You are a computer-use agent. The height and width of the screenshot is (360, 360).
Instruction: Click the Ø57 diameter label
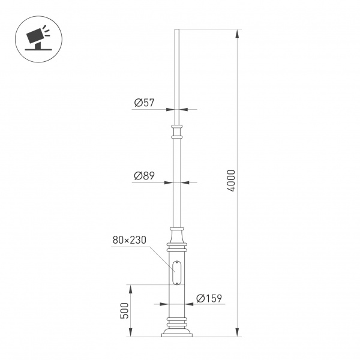145,103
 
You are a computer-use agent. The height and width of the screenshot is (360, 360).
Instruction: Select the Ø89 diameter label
145,176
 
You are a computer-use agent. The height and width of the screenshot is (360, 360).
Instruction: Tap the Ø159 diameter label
209,298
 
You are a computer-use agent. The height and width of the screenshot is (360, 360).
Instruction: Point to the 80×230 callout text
130,240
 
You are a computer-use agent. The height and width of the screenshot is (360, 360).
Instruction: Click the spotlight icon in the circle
39,37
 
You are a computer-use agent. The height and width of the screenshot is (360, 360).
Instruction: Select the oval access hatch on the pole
176,274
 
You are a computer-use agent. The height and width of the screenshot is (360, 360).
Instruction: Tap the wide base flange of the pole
176,332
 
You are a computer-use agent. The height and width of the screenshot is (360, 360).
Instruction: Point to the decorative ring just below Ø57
176,127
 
